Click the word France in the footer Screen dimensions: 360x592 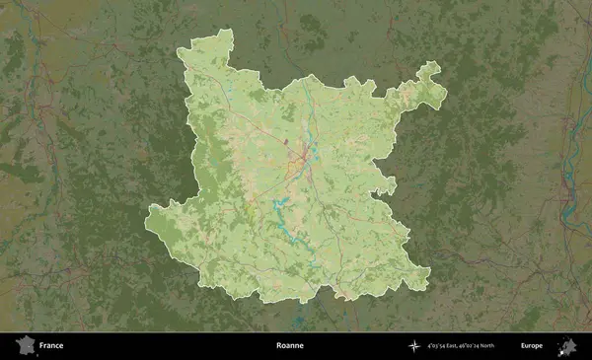[51, 346]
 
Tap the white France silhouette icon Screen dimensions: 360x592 [25, 346]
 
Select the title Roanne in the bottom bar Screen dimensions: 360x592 [290, 346]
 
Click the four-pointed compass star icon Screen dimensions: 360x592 [414, 346]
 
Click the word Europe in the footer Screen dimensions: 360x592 [532, 346]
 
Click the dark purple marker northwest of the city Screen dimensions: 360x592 [287, 141]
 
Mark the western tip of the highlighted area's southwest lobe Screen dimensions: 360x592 [152, 210]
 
